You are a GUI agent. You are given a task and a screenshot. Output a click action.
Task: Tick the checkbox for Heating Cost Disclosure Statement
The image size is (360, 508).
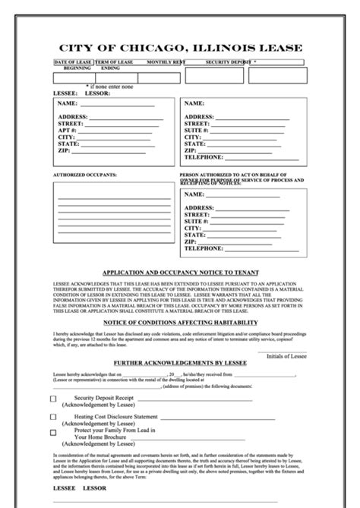pos(53,417)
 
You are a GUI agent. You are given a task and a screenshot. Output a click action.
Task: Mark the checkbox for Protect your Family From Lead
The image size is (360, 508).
pos(53,432)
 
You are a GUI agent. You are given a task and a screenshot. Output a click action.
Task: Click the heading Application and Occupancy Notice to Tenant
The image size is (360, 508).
pos(180,272)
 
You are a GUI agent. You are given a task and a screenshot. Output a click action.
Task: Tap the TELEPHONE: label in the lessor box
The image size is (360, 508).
pos(204,157)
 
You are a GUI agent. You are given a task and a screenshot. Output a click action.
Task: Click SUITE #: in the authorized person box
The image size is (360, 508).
pos(197,221)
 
